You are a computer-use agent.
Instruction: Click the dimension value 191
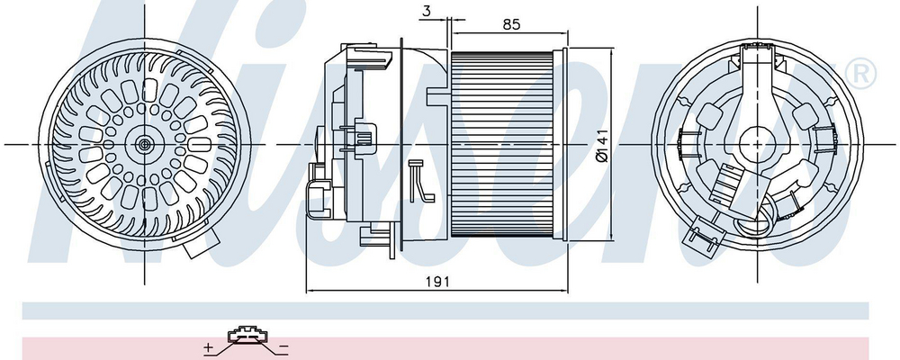coord(438,282)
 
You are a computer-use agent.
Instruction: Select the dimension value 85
coord(511,24)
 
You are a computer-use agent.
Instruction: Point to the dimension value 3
coord(426,10)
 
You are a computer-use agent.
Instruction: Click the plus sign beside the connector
coord(209,347)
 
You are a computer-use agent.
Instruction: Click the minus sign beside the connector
coord(283,347)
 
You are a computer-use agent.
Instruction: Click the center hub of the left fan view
coord(143,145)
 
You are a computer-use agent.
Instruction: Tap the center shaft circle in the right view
coord(757,143)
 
